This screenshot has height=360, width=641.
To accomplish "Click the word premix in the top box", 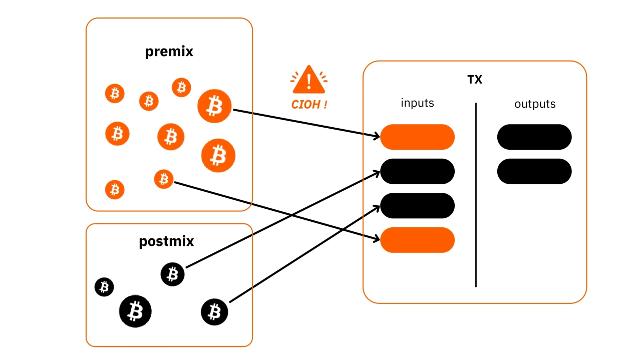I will (169, 52).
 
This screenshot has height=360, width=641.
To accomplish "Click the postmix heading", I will (166, 242).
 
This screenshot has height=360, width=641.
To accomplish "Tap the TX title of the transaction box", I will (474, 79).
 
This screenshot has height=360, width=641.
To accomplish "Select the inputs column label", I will (417, 103).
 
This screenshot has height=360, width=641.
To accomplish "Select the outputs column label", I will (535, 104).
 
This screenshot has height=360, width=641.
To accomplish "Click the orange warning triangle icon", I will (309, 80).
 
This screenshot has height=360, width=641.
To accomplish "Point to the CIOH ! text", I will (309, 105).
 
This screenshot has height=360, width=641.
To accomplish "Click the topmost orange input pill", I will (417, 137).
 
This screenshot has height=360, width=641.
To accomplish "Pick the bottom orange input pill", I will (417, 240).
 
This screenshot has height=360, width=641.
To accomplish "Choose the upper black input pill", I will (417, 171).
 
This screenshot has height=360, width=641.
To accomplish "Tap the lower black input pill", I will (417, 206).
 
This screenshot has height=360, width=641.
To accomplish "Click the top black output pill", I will (534, 137).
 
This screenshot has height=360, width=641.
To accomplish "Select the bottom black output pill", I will (534, 171).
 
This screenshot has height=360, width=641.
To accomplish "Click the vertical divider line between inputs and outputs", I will (476, 195).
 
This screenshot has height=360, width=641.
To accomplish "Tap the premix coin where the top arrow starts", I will (214, 106).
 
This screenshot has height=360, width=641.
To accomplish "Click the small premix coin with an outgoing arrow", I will (164, 179).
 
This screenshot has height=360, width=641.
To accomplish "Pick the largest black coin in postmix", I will (135, 311).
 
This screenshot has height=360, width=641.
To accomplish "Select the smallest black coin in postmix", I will (104, 287).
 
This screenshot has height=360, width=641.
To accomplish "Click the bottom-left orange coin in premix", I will (115, 190).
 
